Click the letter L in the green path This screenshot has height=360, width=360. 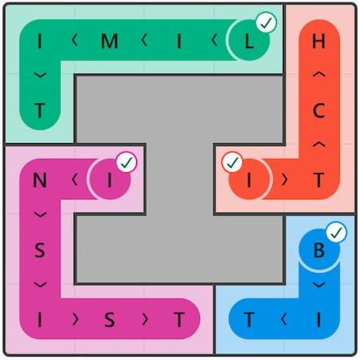tap(249, 41)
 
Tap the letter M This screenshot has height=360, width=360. tap(110, 41)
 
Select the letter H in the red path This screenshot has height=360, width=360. tap(319, 41)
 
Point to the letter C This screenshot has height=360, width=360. tap(319, 111)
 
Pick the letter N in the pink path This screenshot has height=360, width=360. tap(40, 180)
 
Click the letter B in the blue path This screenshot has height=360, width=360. tap(319, 250)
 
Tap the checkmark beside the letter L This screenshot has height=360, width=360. tap(266, 23)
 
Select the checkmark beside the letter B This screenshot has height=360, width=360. tap(336, 233)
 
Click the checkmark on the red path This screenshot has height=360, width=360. tap(232, 162)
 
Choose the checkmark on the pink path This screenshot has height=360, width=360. tap(126, 162)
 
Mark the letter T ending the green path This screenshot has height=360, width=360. tap(40, 111)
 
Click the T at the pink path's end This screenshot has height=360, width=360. tap(179, 320)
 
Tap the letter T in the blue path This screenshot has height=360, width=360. tap(249, 320)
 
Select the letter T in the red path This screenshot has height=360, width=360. tap(319, 180)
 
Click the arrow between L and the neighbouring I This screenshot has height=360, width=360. tap(214, 40)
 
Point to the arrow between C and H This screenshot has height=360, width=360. tap(319, 76)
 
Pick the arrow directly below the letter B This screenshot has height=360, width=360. tap(319, 284)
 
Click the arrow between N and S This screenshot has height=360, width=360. tap(40, 215)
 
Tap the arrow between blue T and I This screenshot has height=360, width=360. tap(284, 319)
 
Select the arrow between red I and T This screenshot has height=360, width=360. tap(284, 180)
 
